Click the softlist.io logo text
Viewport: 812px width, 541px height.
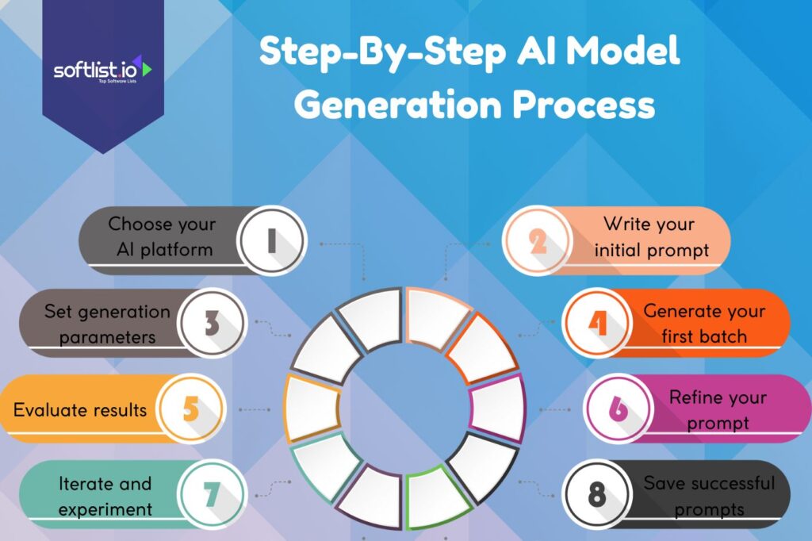(96, 70)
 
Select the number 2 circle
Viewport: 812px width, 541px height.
(538, 240)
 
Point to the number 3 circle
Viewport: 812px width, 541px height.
(211, 324)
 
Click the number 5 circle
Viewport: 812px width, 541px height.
(190, 409)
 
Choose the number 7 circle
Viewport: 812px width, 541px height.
(211, 495)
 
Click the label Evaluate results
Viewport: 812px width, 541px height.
(80, 410)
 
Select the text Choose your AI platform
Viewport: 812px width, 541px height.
(161, 236)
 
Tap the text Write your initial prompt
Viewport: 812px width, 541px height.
(651, 237)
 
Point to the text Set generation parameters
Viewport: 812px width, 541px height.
(107, 324)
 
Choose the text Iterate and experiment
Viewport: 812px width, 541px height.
(105, 495)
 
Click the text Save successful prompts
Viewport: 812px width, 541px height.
(709, 495)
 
